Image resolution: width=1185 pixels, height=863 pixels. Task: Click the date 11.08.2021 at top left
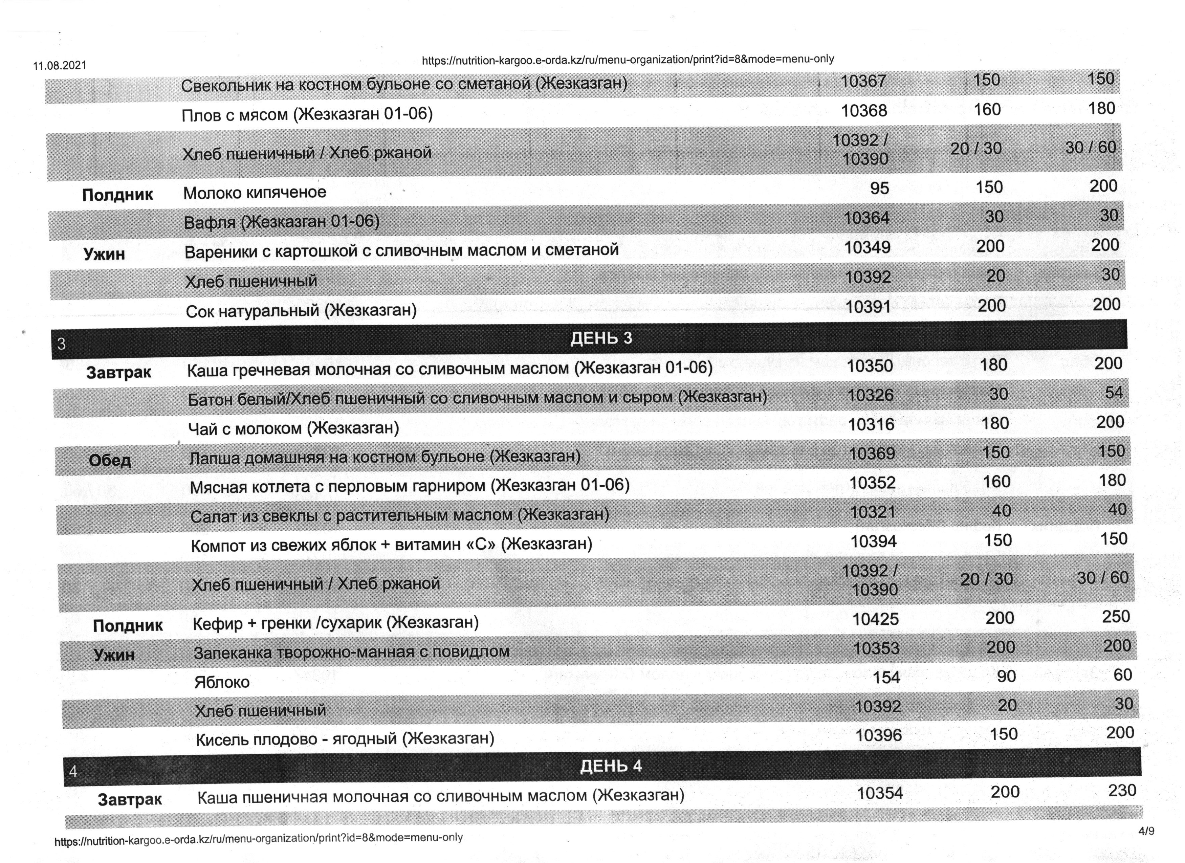tap(60, 66)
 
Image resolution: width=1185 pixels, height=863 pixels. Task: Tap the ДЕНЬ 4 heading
tap(611, 766)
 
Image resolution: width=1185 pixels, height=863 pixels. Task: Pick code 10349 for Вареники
tap(867, 247)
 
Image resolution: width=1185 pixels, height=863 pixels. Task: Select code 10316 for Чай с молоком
tap(871, 424)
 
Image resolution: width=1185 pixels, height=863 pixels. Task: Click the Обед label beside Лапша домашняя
tap(110, 460)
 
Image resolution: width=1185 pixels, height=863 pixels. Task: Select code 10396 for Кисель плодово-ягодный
tap(878, 735)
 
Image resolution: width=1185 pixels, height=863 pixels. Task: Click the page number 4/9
tap(1146, 832)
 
